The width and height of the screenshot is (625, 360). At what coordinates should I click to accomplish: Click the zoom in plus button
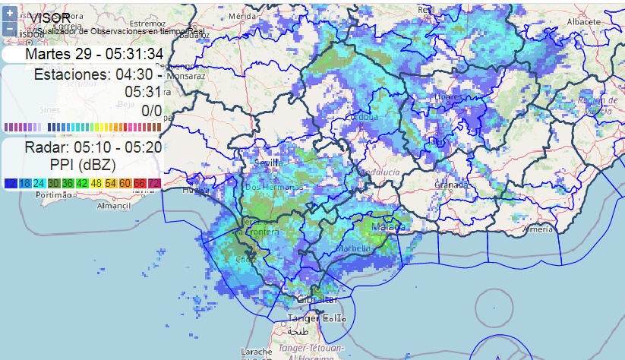[9, 14]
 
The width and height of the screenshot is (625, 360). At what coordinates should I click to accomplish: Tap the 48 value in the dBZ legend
[96, 183]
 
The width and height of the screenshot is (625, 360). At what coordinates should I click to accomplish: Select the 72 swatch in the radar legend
[154, 183]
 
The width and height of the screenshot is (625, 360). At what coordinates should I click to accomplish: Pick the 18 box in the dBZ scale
[25, 183]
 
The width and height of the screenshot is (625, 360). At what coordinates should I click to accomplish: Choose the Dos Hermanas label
[273, 187]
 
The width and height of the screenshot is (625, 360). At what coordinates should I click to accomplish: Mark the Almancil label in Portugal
[114, 206]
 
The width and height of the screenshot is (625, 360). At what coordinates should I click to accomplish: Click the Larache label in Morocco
[256, 352]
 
